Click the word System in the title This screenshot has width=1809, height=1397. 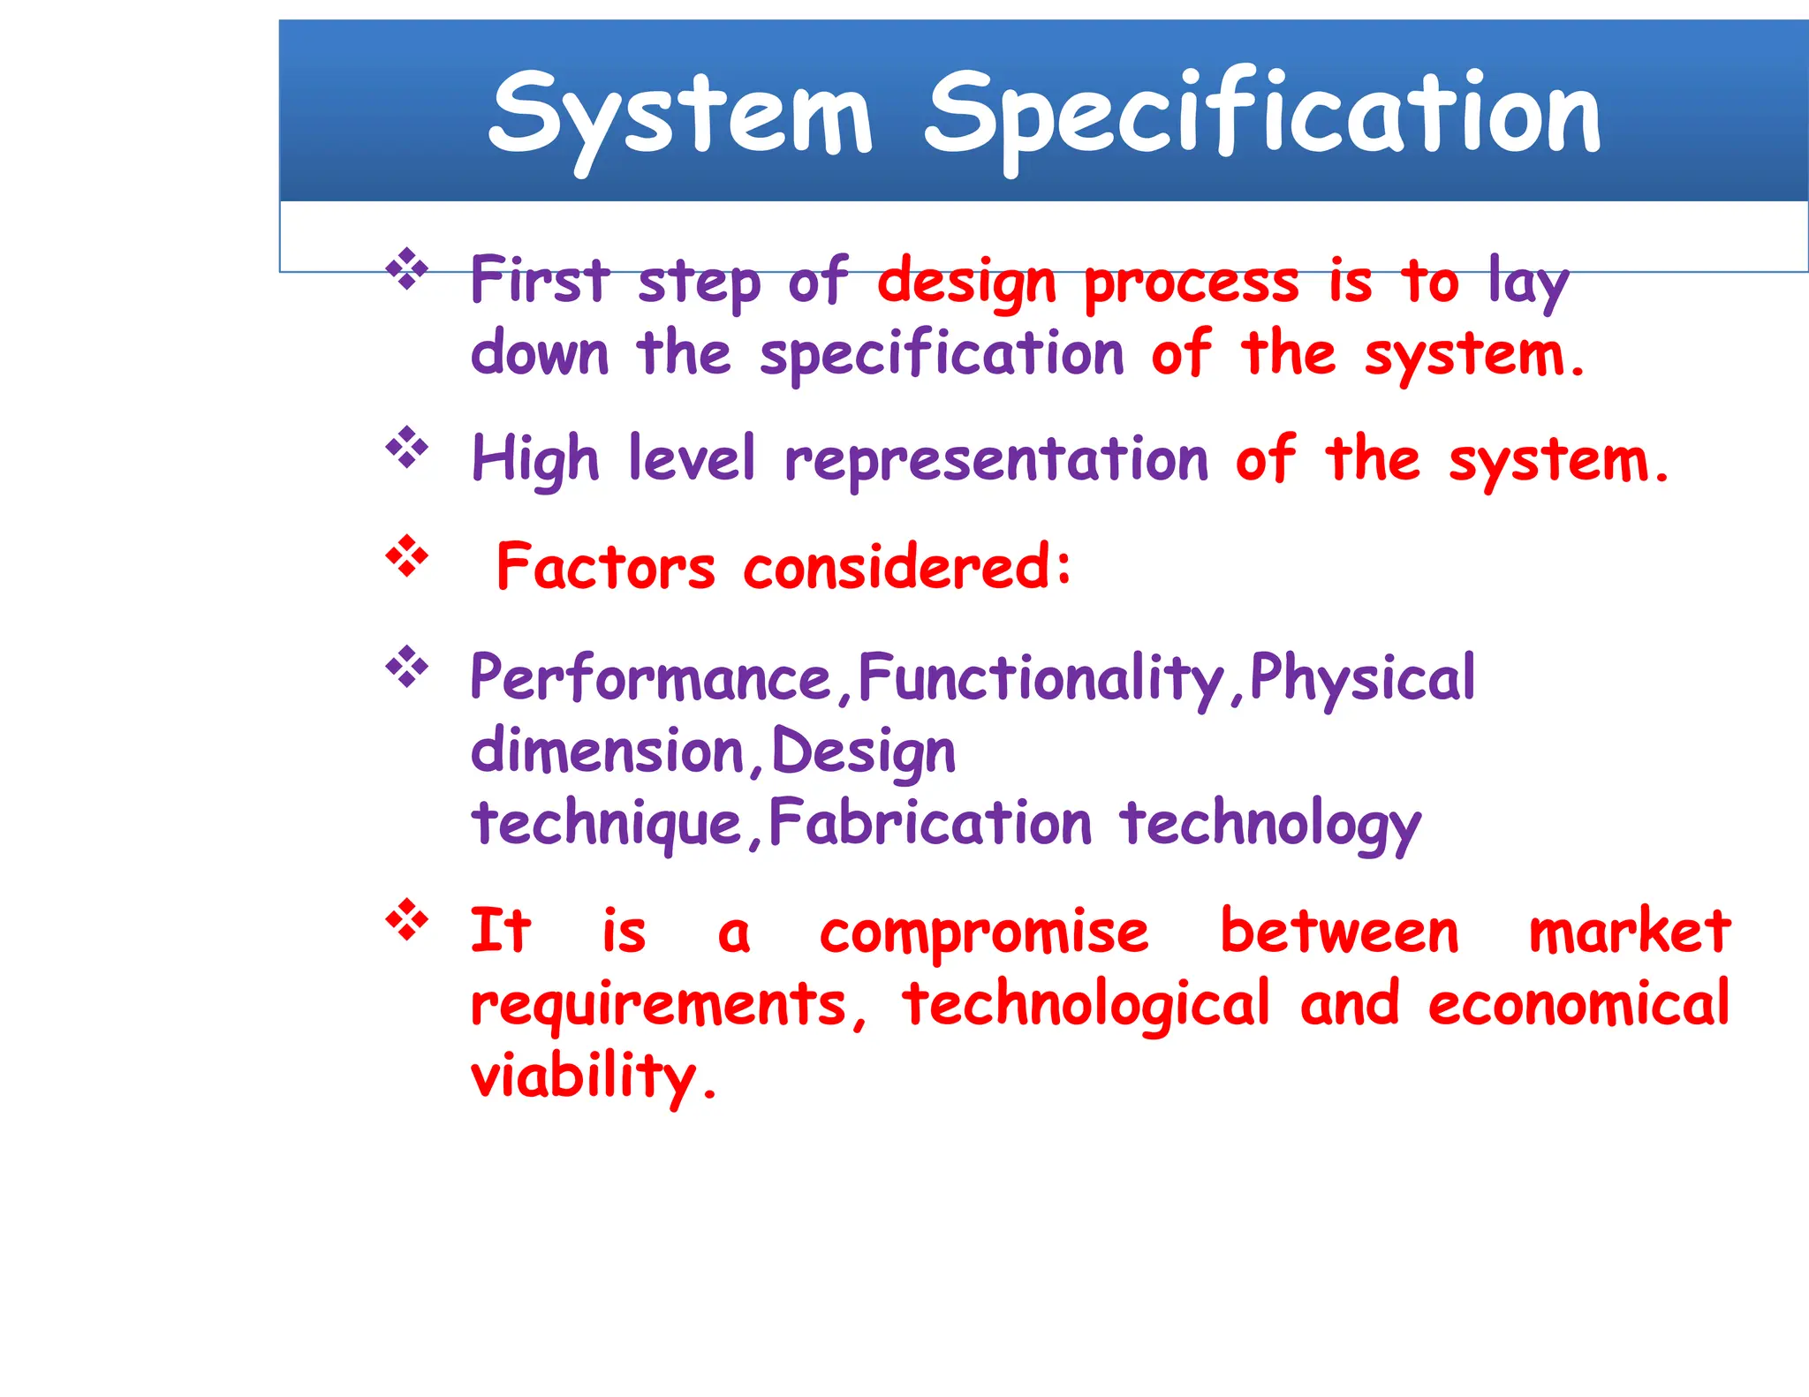680,115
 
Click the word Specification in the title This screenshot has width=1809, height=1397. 1263,115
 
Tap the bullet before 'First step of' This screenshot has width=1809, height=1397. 407,269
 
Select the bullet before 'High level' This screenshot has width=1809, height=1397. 407,449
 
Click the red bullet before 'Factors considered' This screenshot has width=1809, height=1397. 407,556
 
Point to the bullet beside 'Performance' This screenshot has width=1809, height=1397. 407,667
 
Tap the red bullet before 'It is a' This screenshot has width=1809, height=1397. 407,920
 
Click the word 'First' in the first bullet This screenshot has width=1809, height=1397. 540,281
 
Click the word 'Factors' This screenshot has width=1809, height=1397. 606,567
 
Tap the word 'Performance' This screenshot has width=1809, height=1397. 651,678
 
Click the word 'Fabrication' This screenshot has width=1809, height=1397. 930,823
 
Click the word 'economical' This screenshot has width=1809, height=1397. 1578,1005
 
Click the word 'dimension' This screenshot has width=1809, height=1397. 608,751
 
